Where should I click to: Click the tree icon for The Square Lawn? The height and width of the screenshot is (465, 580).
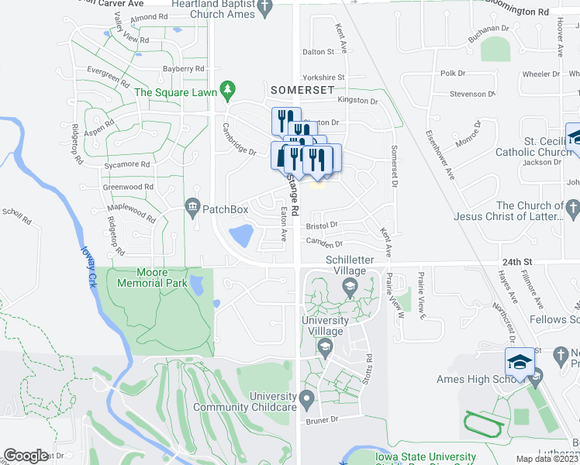(227, 92)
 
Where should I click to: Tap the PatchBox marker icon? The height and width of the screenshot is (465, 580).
(192, 208)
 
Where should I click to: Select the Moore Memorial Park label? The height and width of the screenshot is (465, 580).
(152, 277)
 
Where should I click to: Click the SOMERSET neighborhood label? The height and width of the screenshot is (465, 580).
(302, 90)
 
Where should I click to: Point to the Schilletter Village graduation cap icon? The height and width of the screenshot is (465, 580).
(349, 290)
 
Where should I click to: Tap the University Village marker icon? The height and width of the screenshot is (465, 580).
(326, 346)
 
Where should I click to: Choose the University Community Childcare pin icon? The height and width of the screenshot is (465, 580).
(307, 401)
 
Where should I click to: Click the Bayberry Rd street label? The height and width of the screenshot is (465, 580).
(182, 69)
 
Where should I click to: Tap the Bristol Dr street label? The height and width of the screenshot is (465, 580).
(323, 225)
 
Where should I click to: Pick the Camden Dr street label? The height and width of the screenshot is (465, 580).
(324, 243)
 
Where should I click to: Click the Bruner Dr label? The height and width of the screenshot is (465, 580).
(323, 420)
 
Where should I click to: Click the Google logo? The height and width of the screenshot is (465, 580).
(26, 456)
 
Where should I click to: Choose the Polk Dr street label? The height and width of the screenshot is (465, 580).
(453, 73)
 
